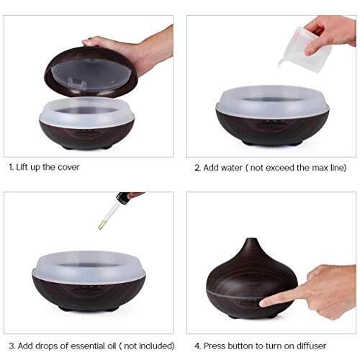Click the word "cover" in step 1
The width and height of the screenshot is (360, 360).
point(68,167)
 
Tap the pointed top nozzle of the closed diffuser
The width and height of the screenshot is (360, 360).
point(251,240)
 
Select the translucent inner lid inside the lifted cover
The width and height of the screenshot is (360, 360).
point(91,75)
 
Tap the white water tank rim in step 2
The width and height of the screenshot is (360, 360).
point(272,102)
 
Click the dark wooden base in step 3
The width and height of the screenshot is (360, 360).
point(89,294)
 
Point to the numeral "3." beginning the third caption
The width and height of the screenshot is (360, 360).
point(12,346)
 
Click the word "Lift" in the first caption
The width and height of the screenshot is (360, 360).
point(22,167)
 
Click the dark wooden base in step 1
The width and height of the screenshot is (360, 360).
point(87,135)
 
